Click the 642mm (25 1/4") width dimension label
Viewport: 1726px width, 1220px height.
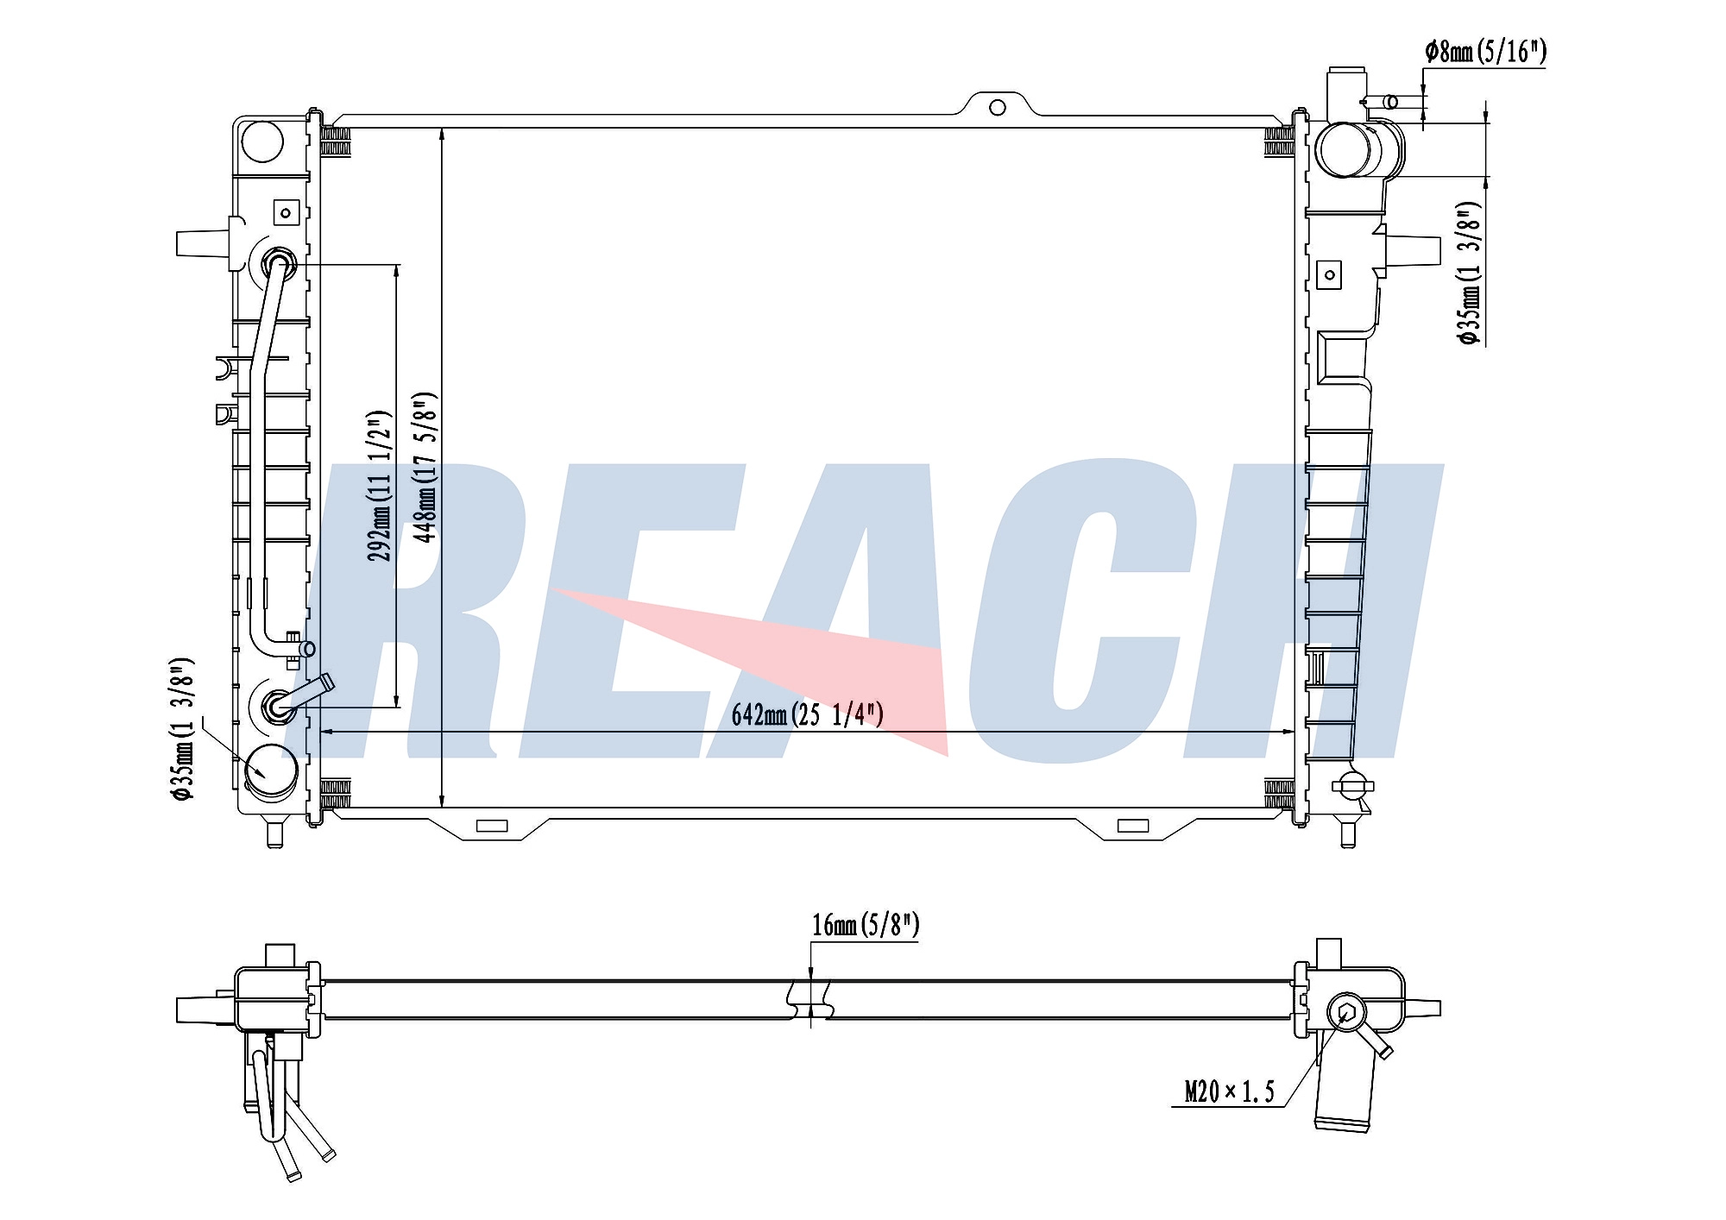pyautogui.click(x=807, y=714)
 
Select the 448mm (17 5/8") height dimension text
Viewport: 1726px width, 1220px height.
pyautogui.click(x=425, y=468)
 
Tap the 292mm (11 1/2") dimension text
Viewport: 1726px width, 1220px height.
pyautogui.click(x=380, y=486)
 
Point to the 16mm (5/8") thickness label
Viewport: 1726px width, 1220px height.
pyautogui.click(x=866, y=925)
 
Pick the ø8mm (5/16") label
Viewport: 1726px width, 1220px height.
pyautogui.click(x=1486, y=52)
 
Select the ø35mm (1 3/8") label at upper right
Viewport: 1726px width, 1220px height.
pyautogui.click(x=1469, y=274)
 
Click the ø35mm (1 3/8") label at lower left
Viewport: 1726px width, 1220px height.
pyautogui.click(x=183, y=729)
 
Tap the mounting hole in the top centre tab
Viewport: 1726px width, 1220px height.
pyautogui.click(x=998, y=108)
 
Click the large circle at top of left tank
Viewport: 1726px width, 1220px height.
pyautogui.click(x=262, y=141)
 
